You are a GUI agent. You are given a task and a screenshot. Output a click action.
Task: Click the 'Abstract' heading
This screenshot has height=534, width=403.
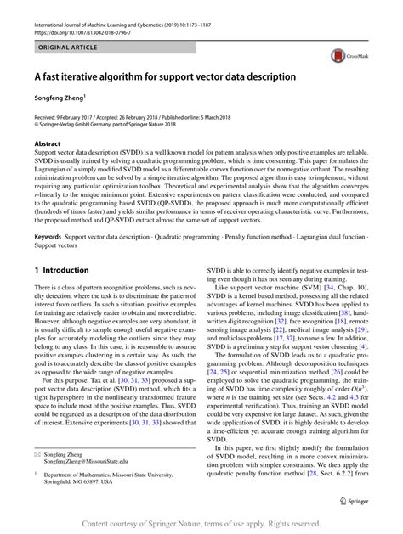click(48, 144)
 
